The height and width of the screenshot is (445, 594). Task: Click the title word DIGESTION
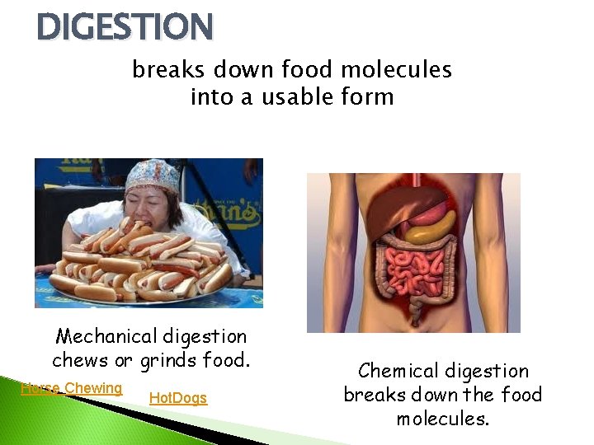pyautogui.click(x=125, y=26)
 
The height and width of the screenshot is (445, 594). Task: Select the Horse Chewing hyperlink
pyautogui.click(x=71, y=388)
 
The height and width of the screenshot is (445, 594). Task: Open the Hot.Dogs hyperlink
pyautogui.click(x=177, y=399)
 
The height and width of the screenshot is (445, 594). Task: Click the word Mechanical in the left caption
pyautogui.click(x=106, y=336)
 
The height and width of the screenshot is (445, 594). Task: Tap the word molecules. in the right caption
pyautogui.click(x=442, y=419)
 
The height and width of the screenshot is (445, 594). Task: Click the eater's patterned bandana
pyautogui.click(x=152, y=175)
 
